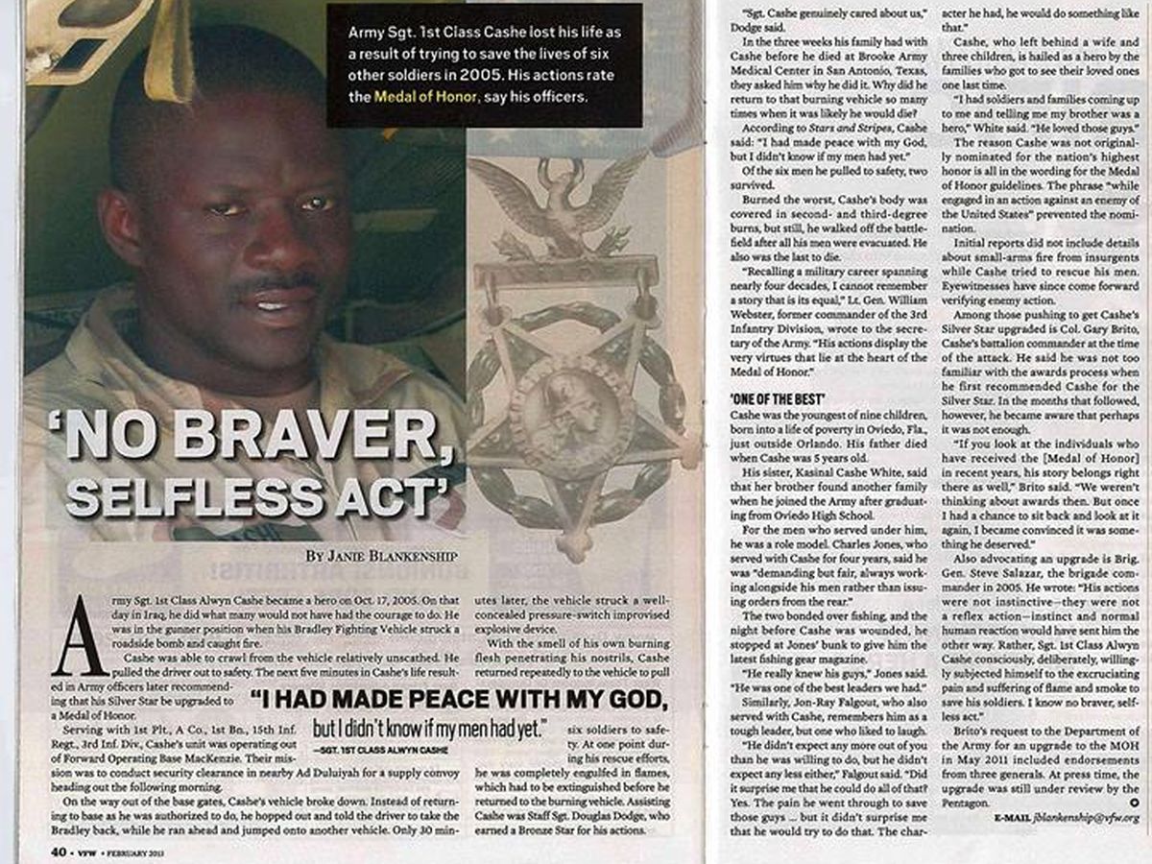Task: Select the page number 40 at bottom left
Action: [57, 852]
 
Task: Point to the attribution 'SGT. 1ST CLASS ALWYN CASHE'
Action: [374, 744]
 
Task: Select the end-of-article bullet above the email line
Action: [1134, 802]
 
